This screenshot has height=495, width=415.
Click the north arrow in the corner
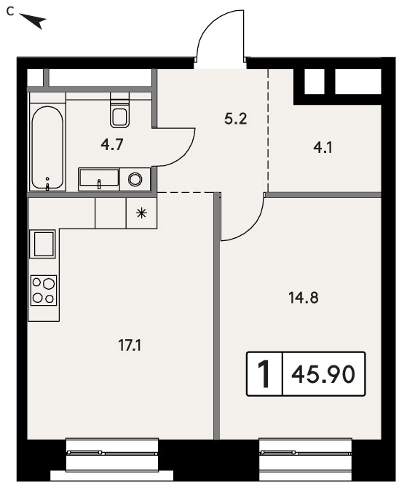(33, 20)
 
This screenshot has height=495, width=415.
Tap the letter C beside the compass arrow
(10, 12)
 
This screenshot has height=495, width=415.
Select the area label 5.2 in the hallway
(236, 119)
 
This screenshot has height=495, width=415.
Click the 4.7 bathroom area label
(112, 145)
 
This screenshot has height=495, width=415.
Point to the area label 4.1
(323, 148)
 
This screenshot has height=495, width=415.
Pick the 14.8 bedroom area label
(303, 298)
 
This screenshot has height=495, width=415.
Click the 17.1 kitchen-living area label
(130, 345)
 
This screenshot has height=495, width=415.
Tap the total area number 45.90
(323, 374)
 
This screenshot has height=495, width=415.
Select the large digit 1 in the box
(264, 374)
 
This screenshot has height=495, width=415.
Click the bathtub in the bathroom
(47, 148)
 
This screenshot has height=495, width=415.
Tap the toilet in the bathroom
(119, 109)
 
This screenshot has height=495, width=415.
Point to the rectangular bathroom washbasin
(99, 179)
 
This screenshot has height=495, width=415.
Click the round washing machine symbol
(135, 179)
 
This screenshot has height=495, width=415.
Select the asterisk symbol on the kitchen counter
(141, 213)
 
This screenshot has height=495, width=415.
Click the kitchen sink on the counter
(43, 244)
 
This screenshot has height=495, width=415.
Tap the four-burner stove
(44, 290)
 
